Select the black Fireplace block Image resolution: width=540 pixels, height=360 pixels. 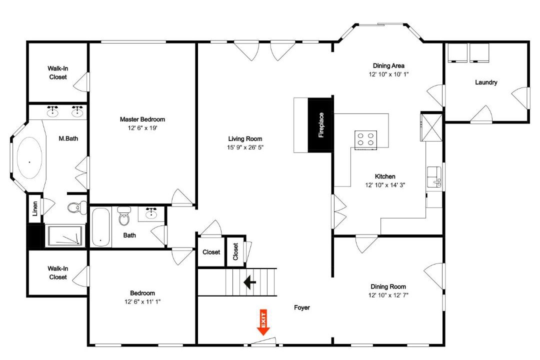click(x=320, y=125)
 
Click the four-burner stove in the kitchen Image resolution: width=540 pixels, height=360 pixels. click(x=365, y=140)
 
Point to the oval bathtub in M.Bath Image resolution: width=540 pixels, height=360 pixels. click(x=29, y=158)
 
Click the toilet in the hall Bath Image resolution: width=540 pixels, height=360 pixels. click(x=123, y=216)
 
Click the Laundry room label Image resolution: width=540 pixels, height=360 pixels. click(x=486, y=82)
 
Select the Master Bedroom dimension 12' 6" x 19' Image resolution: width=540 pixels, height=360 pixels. click(x=142, y=128)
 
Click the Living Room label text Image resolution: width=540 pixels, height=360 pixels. click(x=245, y=139)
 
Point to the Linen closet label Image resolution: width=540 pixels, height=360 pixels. click(x=35, y=208)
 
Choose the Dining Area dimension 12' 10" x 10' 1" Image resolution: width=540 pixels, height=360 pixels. click(x=388, y=74)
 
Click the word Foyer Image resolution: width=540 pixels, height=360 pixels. click(x=302, y=307)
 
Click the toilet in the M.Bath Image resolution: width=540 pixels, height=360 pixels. click(x=77, y=207)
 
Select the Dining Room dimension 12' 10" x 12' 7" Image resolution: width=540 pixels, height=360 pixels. click(x=388, y=295)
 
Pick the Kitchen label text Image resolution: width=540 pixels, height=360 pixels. click(x=385, y=176)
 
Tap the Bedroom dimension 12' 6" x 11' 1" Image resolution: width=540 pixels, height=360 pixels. click(x=142, y=302)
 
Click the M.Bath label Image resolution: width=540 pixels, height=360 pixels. click(x=68, y=138)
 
